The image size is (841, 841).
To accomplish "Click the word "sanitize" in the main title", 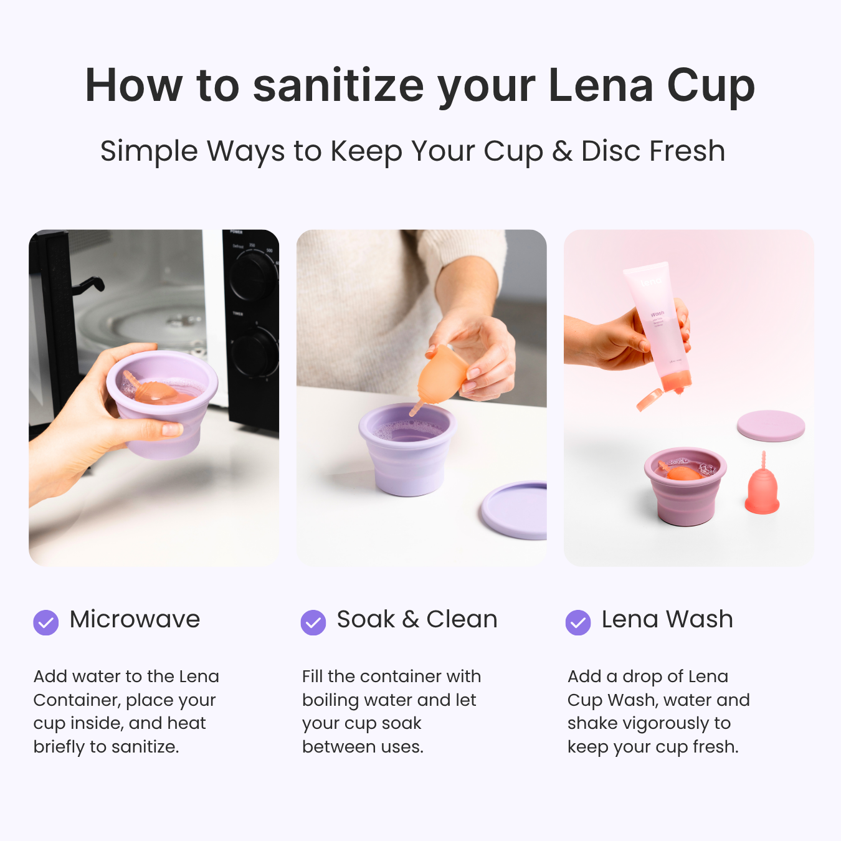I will click(338, 85).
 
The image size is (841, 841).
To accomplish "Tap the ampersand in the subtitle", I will click(562, 151).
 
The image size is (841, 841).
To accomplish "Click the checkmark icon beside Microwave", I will click(46, 622).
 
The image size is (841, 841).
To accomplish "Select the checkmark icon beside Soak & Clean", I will click(313, 622).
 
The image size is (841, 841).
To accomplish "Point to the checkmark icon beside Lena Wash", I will click(578, 622).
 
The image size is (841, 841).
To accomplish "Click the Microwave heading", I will click(135, 619).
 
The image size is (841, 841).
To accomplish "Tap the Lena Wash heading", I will click(667, 619).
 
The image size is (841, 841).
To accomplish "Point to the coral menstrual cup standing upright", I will click(763, 489).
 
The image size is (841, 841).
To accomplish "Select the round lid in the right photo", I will click(771, 425).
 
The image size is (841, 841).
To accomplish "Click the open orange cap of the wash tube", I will click(649, 399).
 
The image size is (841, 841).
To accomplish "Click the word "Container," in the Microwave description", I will click(77, 700).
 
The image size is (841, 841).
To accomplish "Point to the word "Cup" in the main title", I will click(711, 85).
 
